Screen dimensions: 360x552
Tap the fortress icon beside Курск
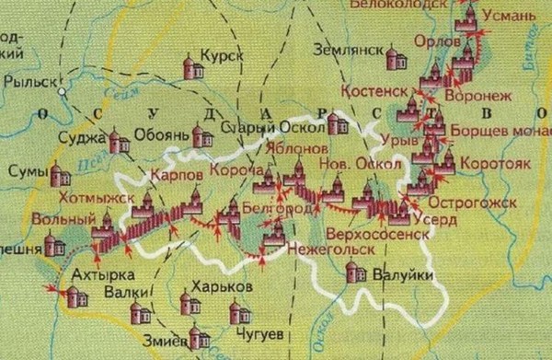point(193,67)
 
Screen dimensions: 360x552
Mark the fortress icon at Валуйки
point(351,271)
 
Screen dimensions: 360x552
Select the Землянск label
point(344,48)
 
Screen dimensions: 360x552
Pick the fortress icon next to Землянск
point(396,59)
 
